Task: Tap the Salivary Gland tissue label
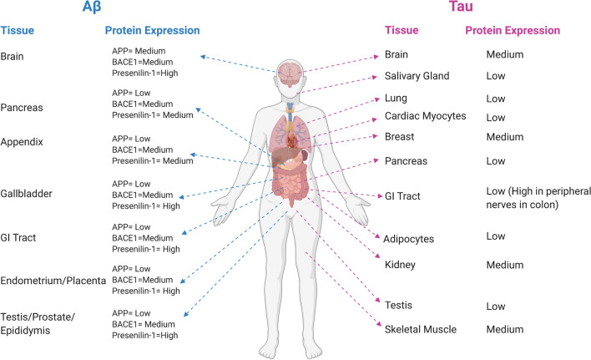point(417,76)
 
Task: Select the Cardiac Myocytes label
point(426,115)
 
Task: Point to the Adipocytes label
point(408,238)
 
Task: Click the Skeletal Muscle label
point(421,328)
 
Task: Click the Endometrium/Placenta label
point(53,280)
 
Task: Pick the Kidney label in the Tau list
point(400,265)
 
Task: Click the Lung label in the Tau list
point(397,98)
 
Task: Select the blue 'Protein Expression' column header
point(152,31)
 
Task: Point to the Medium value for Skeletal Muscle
point(505,328)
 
